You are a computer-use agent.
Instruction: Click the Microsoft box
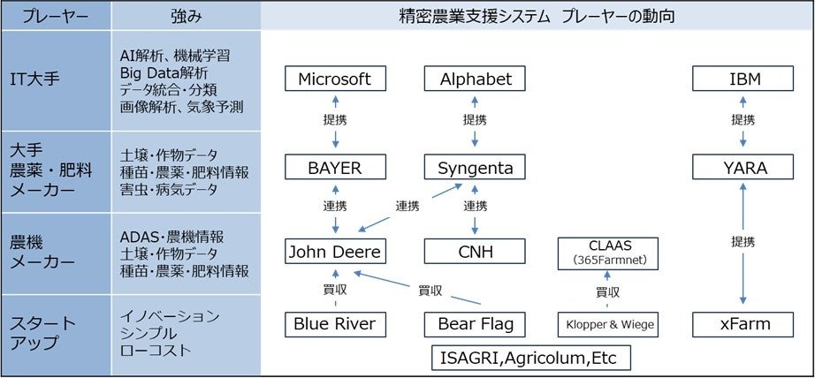point(336,79)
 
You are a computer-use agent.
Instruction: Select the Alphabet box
point(476,79)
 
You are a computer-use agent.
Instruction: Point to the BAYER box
point(336,166)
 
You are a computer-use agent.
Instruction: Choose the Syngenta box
point(476,166)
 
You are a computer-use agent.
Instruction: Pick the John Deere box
point(336,252)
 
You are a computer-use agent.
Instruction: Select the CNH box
point(476,252)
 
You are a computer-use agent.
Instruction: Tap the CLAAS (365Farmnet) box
point(607,252)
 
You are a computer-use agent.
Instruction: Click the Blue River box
point(336,324)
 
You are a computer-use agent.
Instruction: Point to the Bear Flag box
point(476,324)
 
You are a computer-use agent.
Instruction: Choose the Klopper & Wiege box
point(607,324)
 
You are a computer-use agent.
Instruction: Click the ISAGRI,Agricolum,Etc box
point(530,358)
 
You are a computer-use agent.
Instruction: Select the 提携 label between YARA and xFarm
point(743,242)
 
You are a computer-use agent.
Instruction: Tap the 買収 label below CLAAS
point(607,291)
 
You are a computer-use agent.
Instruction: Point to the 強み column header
point(187,17)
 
